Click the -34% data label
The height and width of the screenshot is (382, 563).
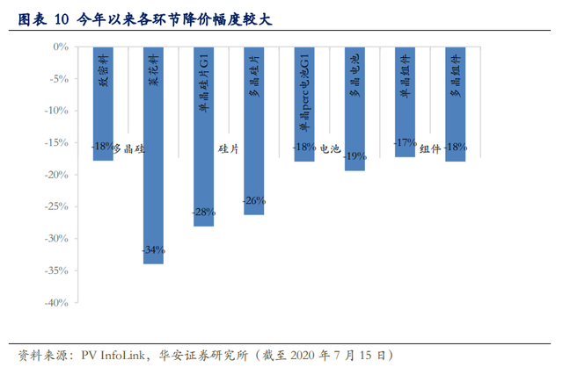154,250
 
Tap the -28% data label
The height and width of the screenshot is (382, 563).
204,213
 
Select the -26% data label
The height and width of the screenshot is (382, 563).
254,200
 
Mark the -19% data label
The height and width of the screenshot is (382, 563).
355,155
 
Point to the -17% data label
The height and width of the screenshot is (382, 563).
405,142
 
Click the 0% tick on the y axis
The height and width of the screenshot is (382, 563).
62,47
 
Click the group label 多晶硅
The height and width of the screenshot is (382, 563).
128,148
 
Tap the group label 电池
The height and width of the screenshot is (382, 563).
328,148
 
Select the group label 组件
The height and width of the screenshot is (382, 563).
430,148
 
